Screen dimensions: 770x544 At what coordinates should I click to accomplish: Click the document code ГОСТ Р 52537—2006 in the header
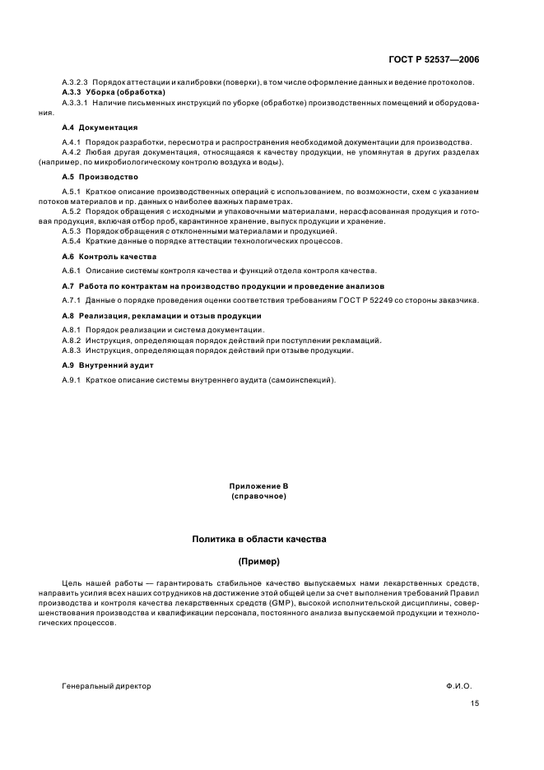point(435,60)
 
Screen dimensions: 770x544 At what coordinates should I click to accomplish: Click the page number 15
point(475,703)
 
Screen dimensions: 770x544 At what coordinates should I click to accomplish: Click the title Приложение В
point(258,488)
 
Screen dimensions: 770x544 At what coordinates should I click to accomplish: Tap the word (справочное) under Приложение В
point(258,497)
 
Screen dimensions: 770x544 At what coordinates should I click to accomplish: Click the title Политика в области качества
point(258,540)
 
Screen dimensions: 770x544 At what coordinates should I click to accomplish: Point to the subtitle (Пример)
point(258,562)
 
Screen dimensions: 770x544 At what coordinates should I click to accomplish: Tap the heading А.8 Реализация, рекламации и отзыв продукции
point(161,316)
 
